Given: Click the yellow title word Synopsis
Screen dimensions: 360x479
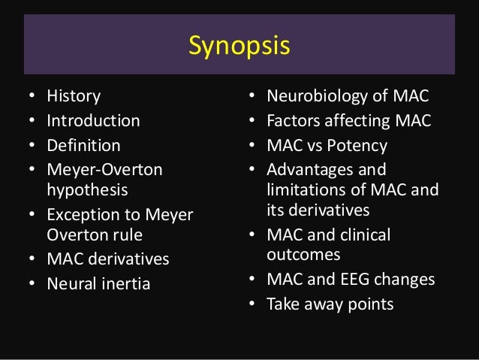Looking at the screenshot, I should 239,47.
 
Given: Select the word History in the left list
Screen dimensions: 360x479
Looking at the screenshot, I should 74,96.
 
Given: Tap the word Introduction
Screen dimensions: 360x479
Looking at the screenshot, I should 93,120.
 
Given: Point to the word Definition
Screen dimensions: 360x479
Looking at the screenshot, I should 83,144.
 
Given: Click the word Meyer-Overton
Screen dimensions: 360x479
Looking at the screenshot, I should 104,170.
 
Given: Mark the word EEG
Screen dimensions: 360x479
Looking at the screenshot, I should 360,280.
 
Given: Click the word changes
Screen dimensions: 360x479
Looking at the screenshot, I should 406,280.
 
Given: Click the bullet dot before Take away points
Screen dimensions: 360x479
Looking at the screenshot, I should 252,304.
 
